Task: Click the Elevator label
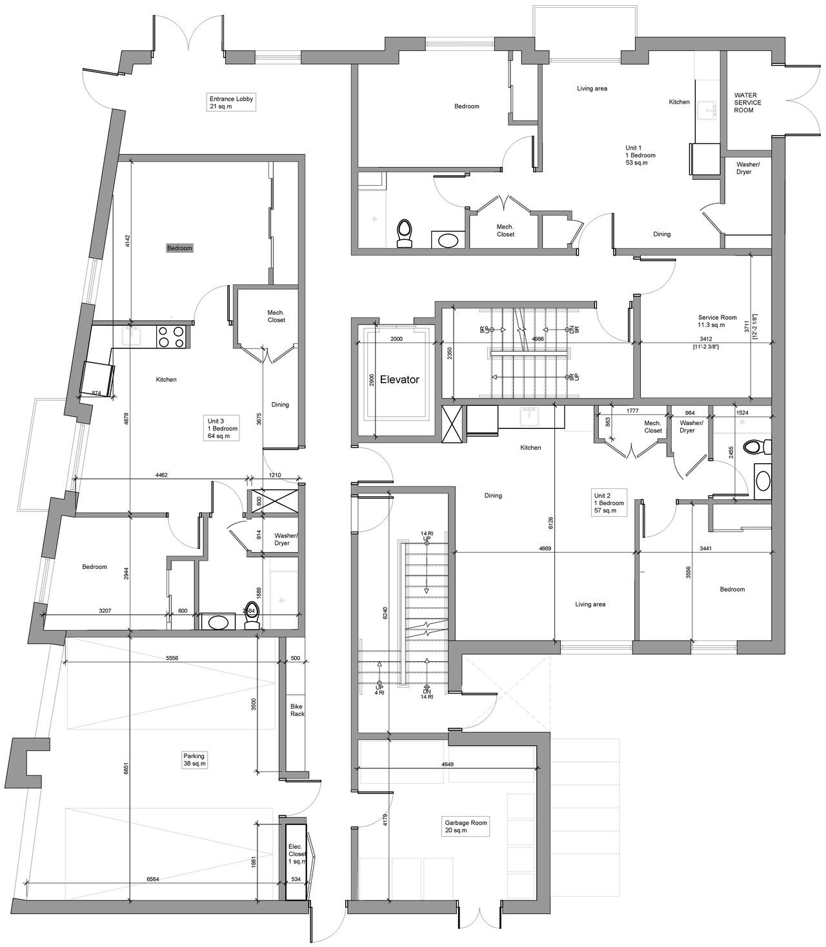(x=399, y=380)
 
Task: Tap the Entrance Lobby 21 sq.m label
(x=231, y=103)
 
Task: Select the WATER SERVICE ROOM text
(x=747, y=103)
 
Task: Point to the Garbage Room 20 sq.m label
(x=465, y=826)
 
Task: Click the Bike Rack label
(x=297, y=710)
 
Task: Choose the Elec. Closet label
(x=296, y=854)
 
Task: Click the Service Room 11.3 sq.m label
(x=717, y=321)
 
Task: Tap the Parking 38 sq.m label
(x=194, y=760)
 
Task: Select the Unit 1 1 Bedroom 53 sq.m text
(x=640, y=155)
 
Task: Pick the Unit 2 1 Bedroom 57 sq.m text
(x=609, y=503)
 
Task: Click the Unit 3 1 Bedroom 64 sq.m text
(x=222, y=428)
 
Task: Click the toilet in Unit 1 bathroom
(x=405, y=233)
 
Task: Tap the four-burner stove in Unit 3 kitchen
(x=172, y=336)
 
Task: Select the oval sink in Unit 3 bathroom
(x=217, y=622)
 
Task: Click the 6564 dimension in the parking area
(x=152, y=879)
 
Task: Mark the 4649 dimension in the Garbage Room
(x=447, y=764)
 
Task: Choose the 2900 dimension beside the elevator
(x=371, y=379)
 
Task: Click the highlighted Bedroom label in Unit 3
(x=179, y=248)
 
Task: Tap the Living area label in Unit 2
(x=590, y=604)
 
